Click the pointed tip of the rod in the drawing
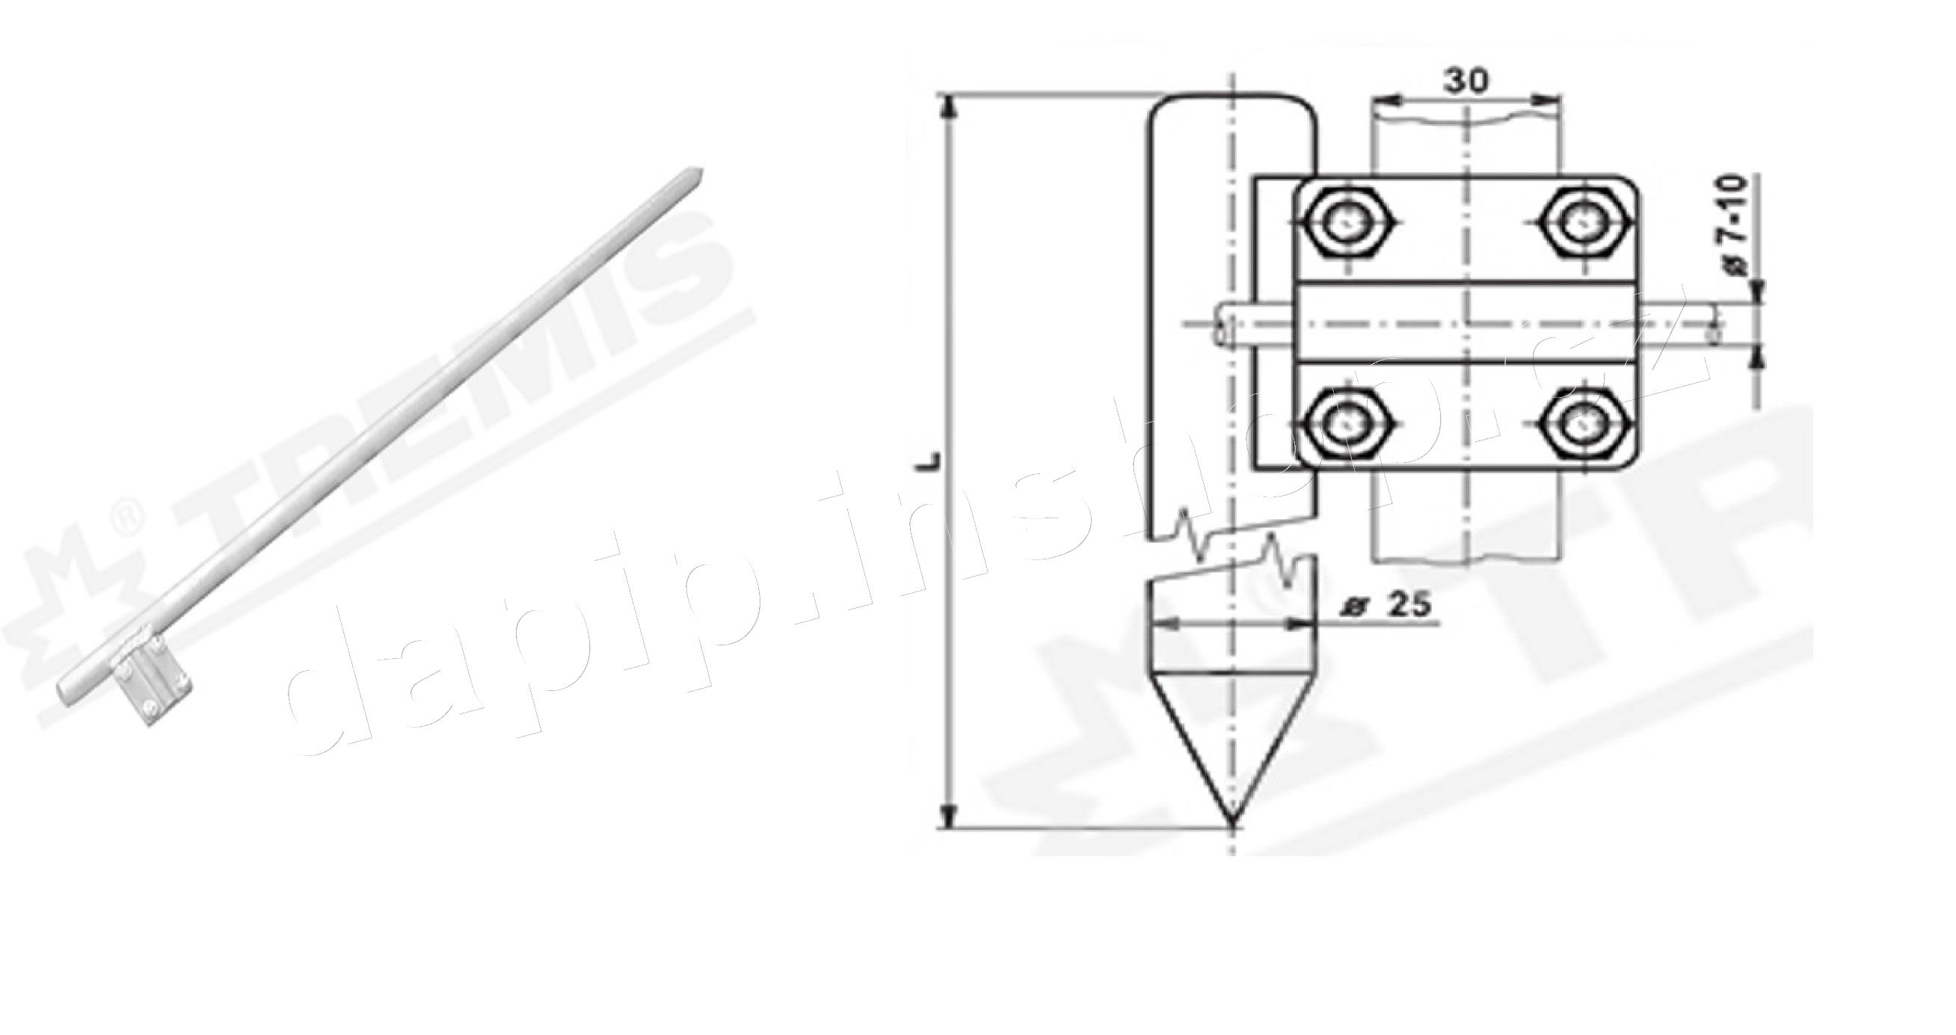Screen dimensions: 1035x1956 click(1232, 822)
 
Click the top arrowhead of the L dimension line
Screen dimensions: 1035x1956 click(947, 106)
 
